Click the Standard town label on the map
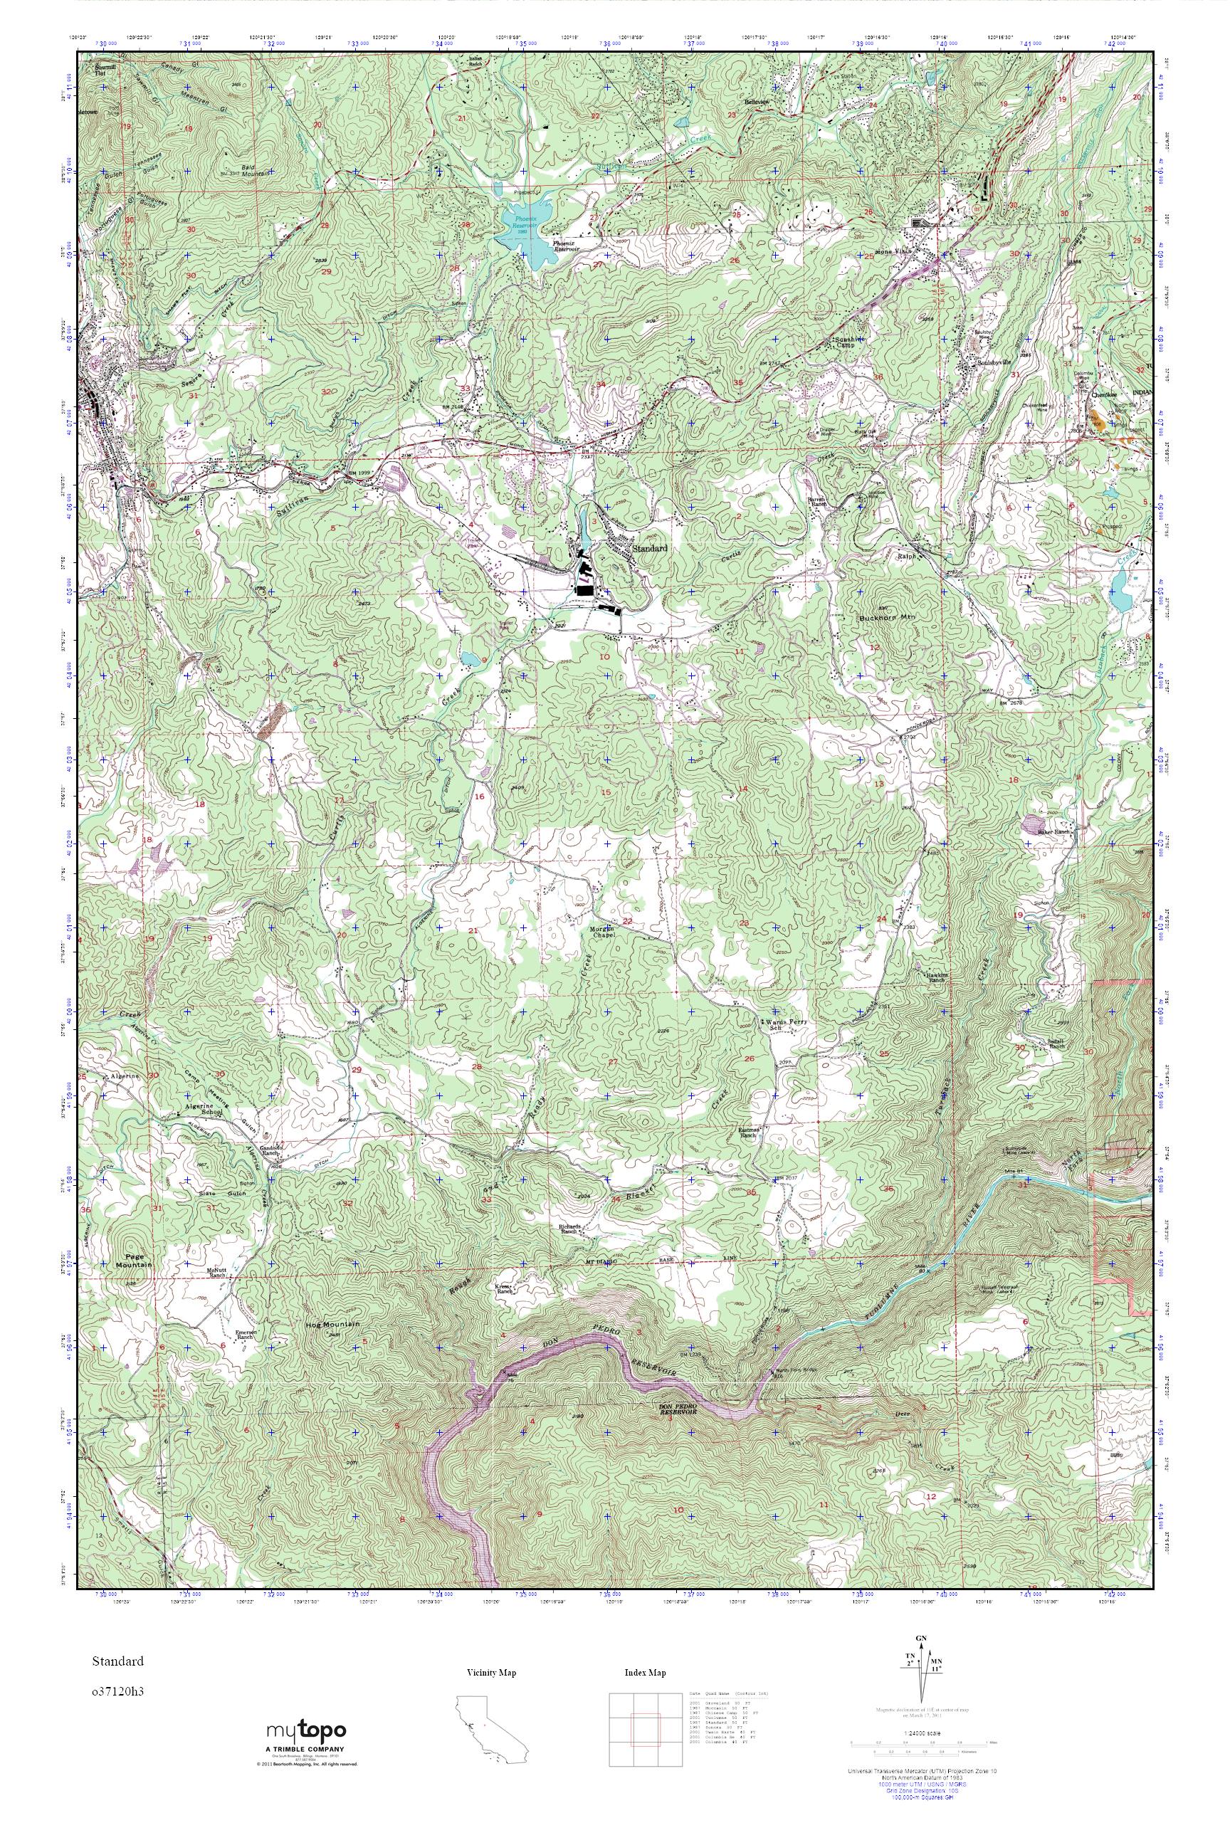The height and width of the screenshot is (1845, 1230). click(x=651, y=548)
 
